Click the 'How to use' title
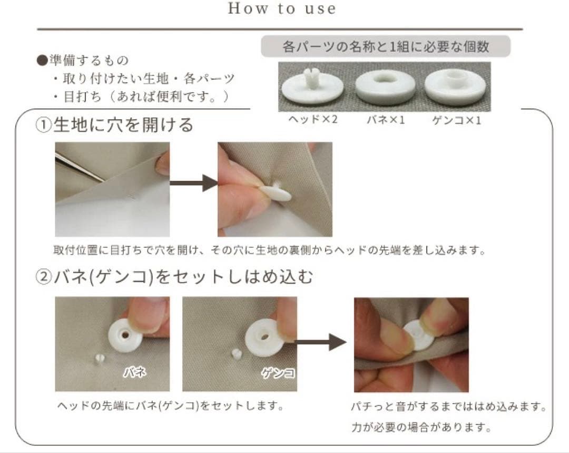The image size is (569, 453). (282, 9)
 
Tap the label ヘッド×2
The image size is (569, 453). (313, 119)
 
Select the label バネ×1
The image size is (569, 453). (386, 120)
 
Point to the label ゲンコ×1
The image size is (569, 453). (456, 120)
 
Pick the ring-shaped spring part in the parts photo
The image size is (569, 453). (385, 87)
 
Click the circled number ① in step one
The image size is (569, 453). (44, 126)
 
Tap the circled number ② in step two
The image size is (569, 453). (44, 277)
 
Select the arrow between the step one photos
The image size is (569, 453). (194, 182)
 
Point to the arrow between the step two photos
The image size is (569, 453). (320, 342)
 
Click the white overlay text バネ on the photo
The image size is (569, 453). (135, 372)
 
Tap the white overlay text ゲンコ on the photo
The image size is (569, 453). (278, 372)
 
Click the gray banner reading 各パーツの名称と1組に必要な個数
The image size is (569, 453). (385, 46)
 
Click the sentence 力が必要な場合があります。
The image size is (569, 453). (421, 427)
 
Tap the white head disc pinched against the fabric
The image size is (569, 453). (277, 192)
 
